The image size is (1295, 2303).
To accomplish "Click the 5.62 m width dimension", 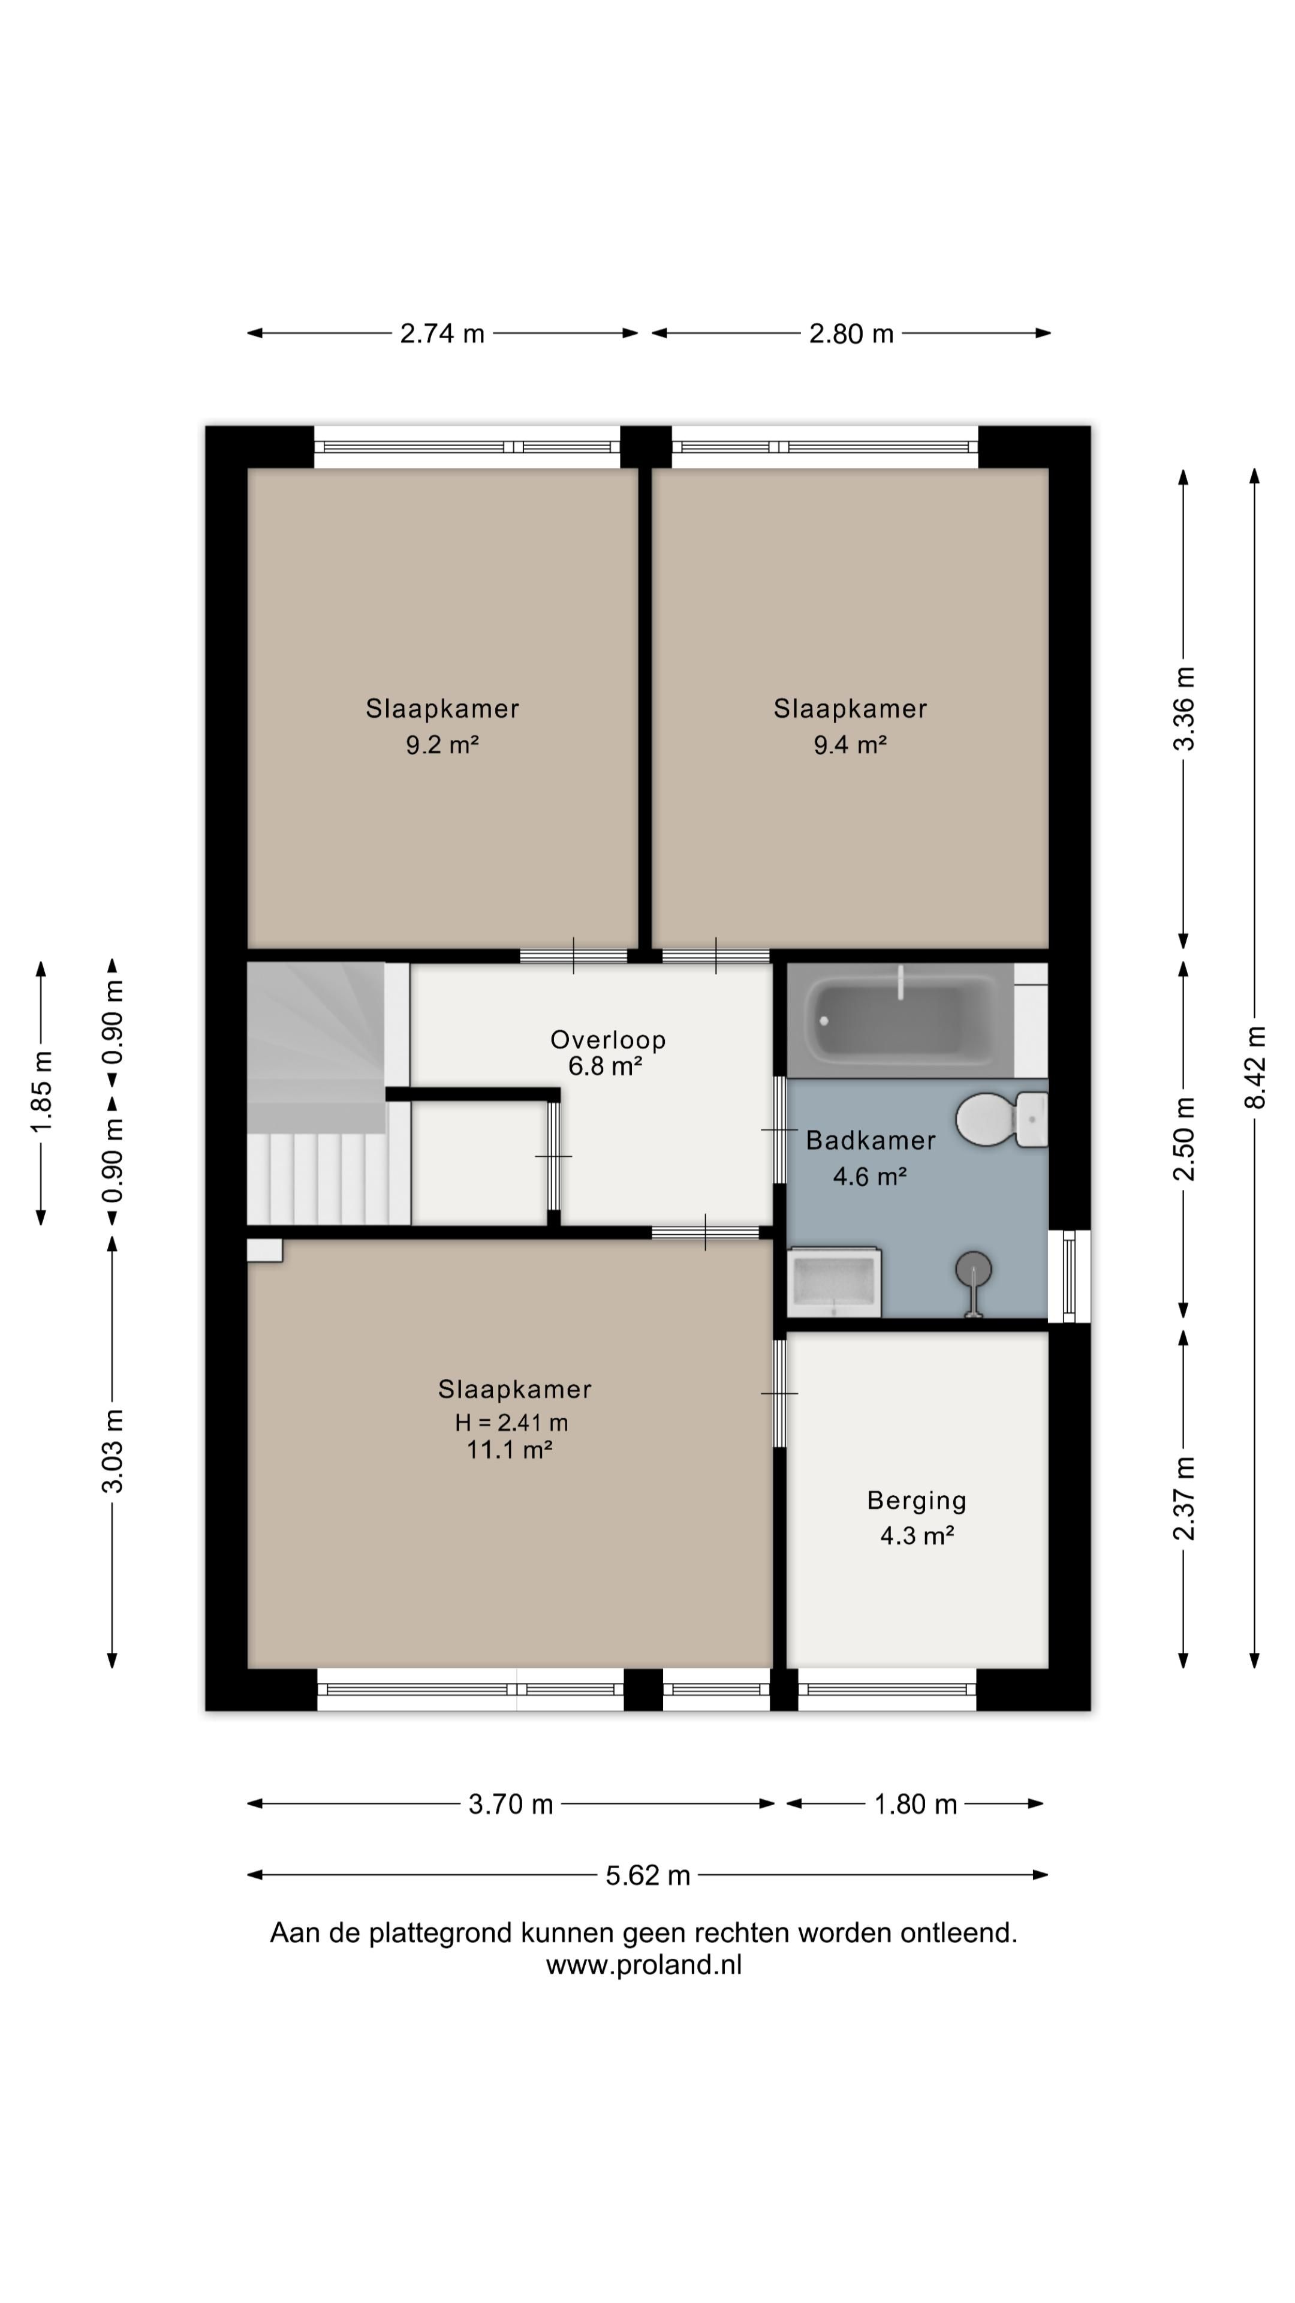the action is click(x=648, y=1875).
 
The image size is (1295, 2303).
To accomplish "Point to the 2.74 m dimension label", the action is click(x=442, y=333).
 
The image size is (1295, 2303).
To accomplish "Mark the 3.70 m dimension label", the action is click(x=511, y=1804).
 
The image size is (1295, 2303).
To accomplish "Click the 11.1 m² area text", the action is click(x=510, y=1449).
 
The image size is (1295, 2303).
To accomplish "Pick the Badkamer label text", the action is click(x=871, y=1140).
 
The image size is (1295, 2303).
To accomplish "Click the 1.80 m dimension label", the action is click(x=915, y=1804).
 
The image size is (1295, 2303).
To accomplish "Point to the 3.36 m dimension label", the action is click(x=1184, y=709).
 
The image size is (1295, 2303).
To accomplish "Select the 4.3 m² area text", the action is click(x=917, y=1536).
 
